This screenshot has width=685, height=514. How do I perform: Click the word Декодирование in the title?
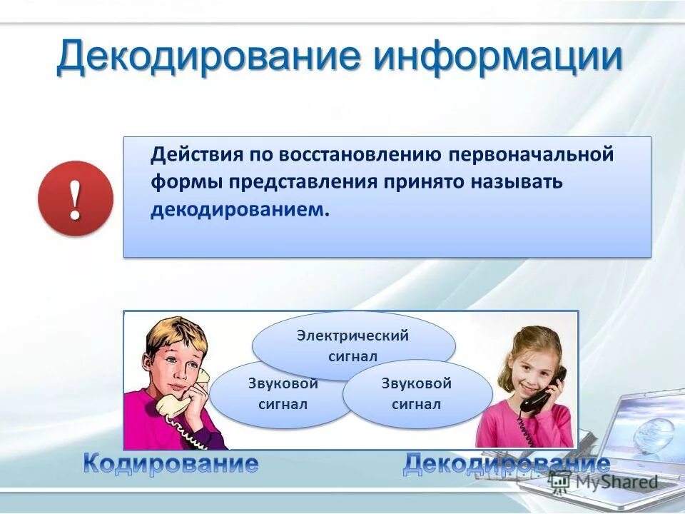pyautogui.click(x=207, y=57)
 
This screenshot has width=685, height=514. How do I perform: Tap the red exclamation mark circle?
pyautogui.click(x=76, y=198)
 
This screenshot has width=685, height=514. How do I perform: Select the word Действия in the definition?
pyautogui.click(x=196, y=155)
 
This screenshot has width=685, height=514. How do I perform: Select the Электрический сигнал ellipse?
pyautogui.click(x=353, y=340)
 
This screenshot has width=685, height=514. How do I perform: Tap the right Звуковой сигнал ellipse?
pyautogui.click(x=417, y=393)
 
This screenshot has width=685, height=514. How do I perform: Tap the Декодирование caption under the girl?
pyautogui.click(x=506, y=465)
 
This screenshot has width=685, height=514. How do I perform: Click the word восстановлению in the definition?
pyautogui.click(x=363, y=155)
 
